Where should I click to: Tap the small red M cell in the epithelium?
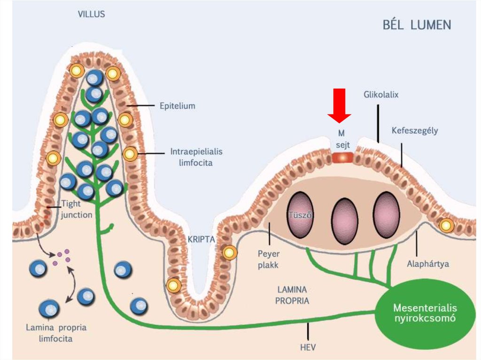click(x=342, y=157)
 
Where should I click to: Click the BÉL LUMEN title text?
click(x=417, y=24)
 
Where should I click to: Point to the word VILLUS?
click(x=91, y=14)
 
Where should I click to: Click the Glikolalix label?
click(x=381, y=94)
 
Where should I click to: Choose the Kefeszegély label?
click(x=414, y=130)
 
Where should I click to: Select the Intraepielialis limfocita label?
click(x=196, y=158)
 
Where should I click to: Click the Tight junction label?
click(x=77, y=210)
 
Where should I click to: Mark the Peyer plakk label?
click(x=268, y=260)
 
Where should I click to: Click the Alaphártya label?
click(x=427, y=264)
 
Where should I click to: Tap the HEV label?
click(x=308, y=347)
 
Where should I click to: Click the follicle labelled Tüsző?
click(x=301, y=214)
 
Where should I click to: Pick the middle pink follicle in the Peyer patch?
click(x=344, y=217)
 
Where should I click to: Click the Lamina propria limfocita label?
click(x=56, y=332)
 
